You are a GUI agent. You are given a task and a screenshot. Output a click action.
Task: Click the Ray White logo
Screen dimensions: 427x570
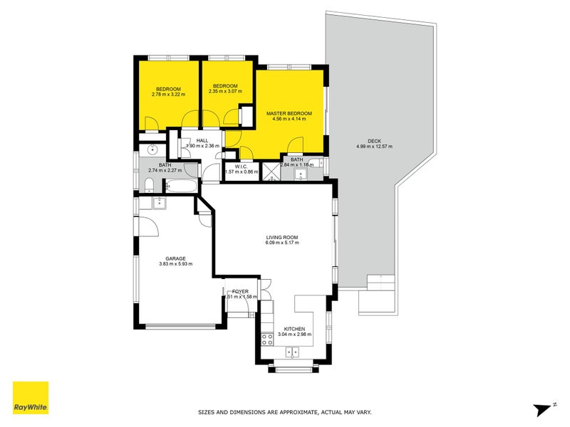point(31,398)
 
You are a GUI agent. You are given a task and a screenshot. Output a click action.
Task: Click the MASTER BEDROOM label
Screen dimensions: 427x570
point(289,113)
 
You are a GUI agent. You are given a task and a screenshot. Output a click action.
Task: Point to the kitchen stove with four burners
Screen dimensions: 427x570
point(268,339)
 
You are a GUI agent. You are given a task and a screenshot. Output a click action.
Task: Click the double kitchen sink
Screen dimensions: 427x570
point(292,352)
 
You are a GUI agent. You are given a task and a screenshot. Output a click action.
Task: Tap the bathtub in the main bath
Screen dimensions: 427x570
point(182,186)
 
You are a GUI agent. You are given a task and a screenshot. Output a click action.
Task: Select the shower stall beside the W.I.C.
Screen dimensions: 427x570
point(271,171)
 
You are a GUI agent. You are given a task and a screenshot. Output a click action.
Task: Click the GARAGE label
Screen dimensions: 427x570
point(176,258)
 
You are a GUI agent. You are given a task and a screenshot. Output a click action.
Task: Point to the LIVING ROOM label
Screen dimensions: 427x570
point(282,237)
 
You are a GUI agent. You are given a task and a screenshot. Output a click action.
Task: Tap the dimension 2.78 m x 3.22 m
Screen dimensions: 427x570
point(168,93)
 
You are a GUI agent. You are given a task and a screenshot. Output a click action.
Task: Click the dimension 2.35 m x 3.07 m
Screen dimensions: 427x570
point(225,91)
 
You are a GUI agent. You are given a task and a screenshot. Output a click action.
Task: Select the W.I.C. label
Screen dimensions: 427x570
point(235,166)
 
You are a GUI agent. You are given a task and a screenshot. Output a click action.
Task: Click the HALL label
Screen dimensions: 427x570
point(202,141)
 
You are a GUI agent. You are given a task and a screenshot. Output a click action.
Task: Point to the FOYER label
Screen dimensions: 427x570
point(239,291)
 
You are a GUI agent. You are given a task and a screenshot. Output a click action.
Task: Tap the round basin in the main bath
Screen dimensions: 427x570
point(152,150)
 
